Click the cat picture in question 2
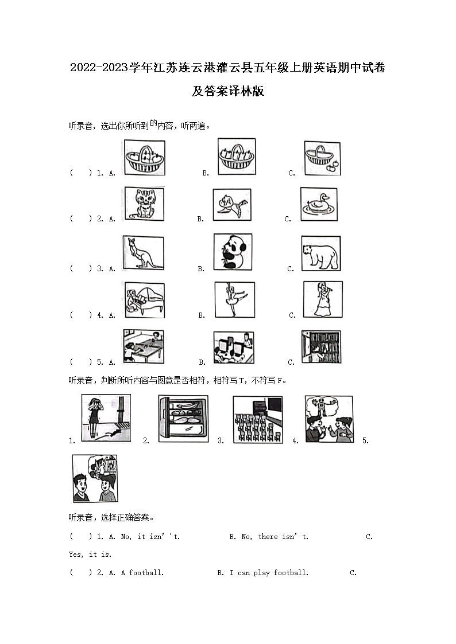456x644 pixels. click(x=144, y=204)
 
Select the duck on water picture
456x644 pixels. click(x=319, y=204)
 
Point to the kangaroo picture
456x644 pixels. click(x=144, y=252)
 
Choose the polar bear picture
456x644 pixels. click(x=320, y=253)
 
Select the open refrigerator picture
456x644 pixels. click(x=183, y=419)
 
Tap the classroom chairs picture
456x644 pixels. click(x=258, y=419)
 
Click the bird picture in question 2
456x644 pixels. click(x=231, y=205)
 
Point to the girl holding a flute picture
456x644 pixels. click(x=322, y=299)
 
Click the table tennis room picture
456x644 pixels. click(x=144, y=346)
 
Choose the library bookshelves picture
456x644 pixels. click(x=321, y=346)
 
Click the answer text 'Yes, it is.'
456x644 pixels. click(x=90, y=555)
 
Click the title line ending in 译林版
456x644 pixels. click(x=227, y=91)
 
